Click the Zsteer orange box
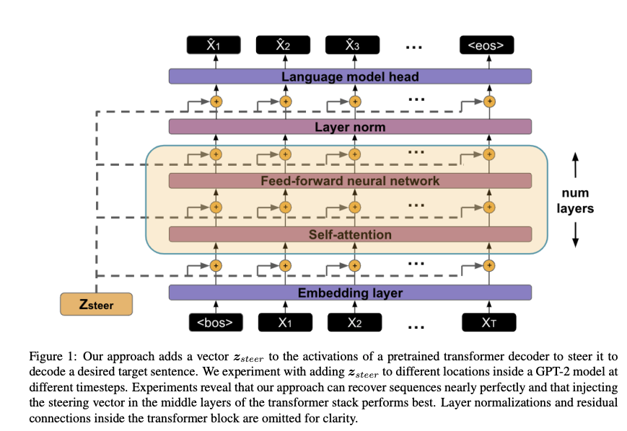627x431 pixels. (x=96, y=304)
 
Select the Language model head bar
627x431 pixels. (x=350, y=76)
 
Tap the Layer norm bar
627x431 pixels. (x=350, y=127)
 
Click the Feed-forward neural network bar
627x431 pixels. (x=350, y=180)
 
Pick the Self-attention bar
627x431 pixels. (x=350, y=234)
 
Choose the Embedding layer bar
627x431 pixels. (x=350, y=293)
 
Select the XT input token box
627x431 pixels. (x=490, y=322)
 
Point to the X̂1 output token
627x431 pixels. (x=214, y=46)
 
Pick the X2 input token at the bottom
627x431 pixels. (x=354, y=322)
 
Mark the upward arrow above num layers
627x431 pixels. (x=575, y=166)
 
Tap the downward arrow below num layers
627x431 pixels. (x=575, y=235)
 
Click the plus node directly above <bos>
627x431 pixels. (x=215, y=265)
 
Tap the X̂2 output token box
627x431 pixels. (x=284, y=46)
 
